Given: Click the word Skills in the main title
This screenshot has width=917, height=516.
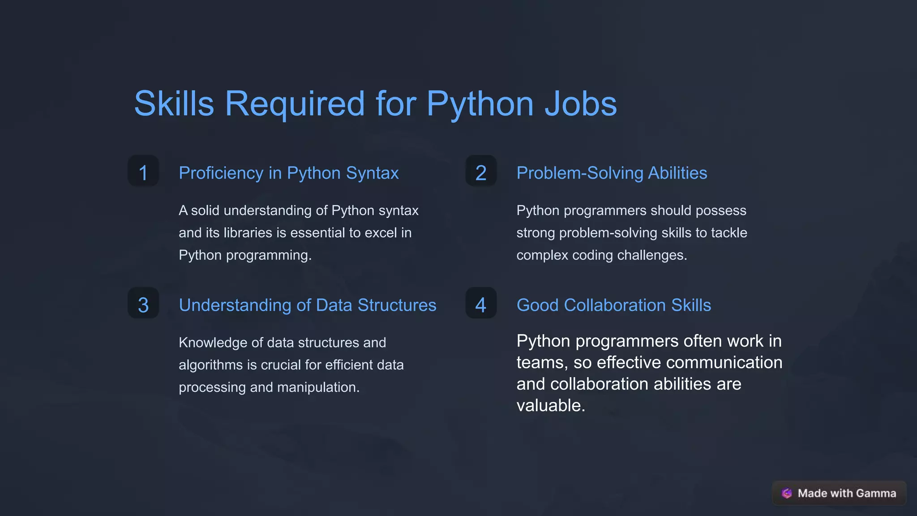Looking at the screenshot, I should point(174,104).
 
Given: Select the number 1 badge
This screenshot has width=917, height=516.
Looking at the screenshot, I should point(143,172).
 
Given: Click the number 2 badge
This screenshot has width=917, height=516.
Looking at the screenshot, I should point(481,172).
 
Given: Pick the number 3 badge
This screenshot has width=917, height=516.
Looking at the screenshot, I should point(143,305).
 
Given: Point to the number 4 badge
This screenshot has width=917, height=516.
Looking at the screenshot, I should point(481,305).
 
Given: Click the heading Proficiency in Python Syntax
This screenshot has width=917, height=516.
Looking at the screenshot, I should point(288,173).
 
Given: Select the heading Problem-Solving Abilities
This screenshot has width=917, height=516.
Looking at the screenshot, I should point(612,173).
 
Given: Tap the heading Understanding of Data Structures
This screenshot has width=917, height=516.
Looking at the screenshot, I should point(307,305).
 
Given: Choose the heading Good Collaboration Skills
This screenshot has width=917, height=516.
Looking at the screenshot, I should point(613,305).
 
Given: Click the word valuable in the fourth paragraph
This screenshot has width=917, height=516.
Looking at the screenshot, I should point(550,405).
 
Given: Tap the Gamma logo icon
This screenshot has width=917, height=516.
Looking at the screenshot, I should point(787,493).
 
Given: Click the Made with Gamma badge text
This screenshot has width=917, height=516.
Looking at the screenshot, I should point(847,493).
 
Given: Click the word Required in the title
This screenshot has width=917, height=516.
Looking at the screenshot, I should point(295,104).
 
